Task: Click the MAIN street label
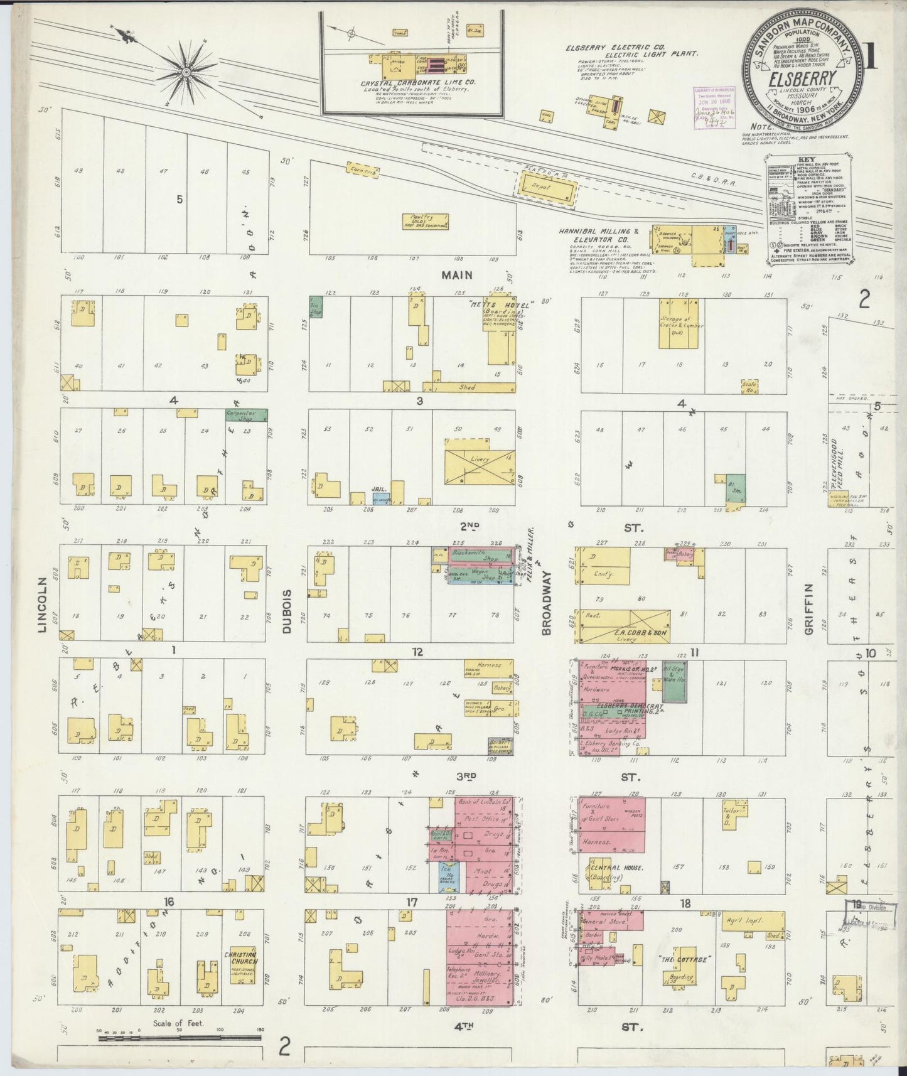456,275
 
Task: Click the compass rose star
185,73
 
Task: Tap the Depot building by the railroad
546,187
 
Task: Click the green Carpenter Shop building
246,415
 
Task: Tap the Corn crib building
362,169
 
